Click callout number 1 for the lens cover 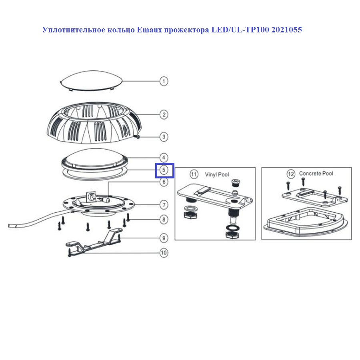(x=164, y=81)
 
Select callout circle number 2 (x=164, y=114)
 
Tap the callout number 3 (x=164, y=137)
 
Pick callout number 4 (x=164, y=158)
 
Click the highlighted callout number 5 (x=164, y=170)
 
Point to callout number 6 (x=164, y=182)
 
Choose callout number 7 (x=164, y=205)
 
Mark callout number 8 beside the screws (x=164, y=220)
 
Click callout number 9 (x=164, y=238)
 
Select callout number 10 (x=164, y=253)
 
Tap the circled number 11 (x=194, y=174)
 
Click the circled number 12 (x=291, y=174)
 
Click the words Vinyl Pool (x=217, y=175)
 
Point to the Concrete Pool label (x=316, y=173)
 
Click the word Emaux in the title (x=150, y=30)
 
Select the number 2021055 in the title (x=286, y=30)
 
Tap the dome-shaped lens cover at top (x=91, y=80)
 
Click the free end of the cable (x=9, y=226)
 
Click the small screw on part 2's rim (x=137, y=137)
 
